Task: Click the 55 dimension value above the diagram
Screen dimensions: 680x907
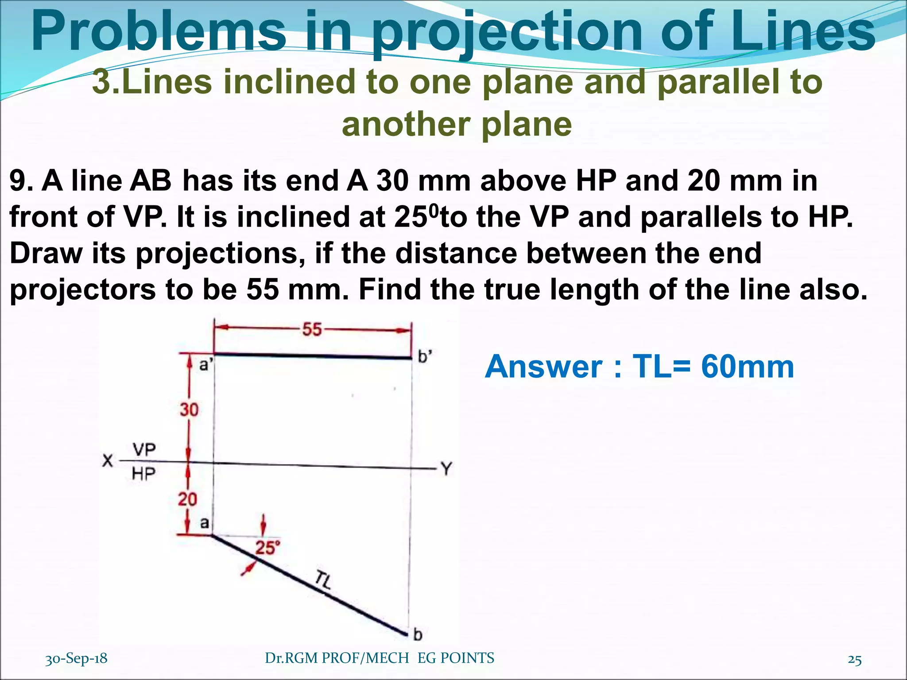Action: click(x=312, y=329)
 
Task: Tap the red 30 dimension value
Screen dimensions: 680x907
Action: click(x=189, y=410)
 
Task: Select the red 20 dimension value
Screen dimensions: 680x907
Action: click(x=187, y=499)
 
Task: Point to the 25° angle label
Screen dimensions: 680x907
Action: click(x=267, y=548)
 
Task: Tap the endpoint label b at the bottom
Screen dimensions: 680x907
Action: click(x=418, y=635)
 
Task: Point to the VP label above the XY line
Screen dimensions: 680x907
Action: click(x=144, y=450)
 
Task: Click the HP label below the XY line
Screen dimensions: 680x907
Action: click(x=143, y=475)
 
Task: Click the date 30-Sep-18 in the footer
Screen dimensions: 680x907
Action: click(x=76, y=658)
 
